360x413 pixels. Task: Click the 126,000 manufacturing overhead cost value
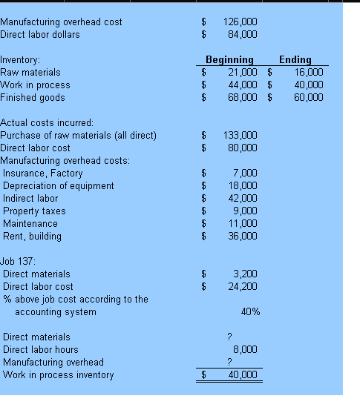pyautogui.click(x=240, y=22)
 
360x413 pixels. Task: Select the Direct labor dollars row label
pyautogui.click(x=40, y=34)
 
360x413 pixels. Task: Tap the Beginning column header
pyautogui.click(x=229, y=60)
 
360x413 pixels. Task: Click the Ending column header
pyautogui.click(x=295, y=60)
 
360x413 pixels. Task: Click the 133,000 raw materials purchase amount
pyautogui.click(x=240, y=136)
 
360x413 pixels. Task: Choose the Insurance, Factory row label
pyautogui.click(x=43, y=174)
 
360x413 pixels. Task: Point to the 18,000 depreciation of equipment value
pyautogui.click(x=242, y=186)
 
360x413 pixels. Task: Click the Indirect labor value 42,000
pyautogui.click(x=242, y=199)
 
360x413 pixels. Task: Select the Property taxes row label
pyautogui.click(x=34, y=211)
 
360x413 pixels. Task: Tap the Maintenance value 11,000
pyautogui.click(x=242, y=224)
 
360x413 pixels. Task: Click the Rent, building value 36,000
pyautogui.click(x=242, y=237)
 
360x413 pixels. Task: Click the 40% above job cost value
pyautogui.click(x=250, y=312)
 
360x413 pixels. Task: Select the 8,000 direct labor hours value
pyautogui.click(x=245, y=350)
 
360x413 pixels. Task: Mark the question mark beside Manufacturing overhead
pyautogui.click(x=230, y=363)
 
